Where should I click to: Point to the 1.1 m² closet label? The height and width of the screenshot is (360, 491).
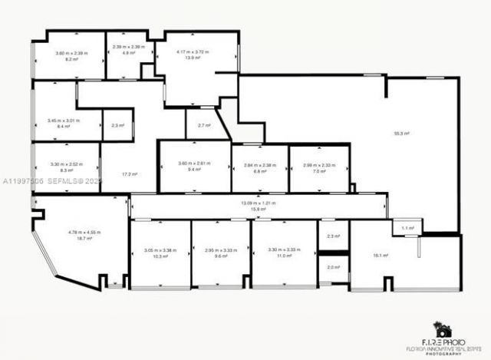coord(407,228)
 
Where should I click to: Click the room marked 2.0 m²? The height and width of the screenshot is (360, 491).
coord(333,267)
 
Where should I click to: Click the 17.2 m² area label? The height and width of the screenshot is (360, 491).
coord(130,174)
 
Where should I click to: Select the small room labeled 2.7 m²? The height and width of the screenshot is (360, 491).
coord(203,125)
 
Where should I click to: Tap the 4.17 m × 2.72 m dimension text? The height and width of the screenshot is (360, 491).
coord(193,52)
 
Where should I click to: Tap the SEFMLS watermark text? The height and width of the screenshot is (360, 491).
coord(65,182)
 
